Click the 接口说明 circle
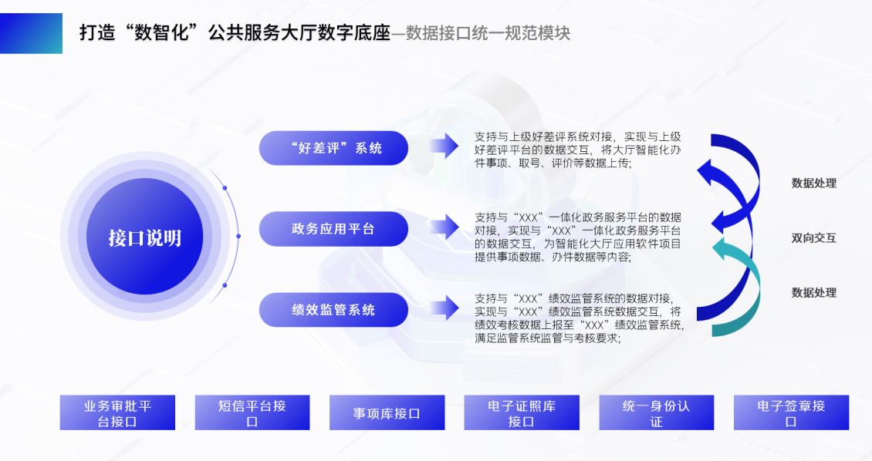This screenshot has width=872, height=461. click(144, 237)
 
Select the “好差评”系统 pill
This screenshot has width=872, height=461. click(333, 148)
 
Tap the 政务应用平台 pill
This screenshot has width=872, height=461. click(333, 229)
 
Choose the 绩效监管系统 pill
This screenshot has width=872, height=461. click(333, 309)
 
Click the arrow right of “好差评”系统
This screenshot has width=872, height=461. click(444, 146)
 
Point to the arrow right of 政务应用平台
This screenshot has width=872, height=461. click(444, 227)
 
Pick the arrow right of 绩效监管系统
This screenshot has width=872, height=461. click(444, 308)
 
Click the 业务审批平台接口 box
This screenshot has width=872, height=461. click(117, 412)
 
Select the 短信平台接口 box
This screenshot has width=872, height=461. click(252, 412)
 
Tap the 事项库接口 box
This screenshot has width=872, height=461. click(387, 412)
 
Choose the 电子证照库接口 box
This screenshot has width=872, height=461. click(522, 412)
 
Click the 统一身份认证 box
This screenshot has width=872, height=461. click(656, 412)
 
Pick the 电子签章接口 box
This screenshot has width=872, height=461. click(792, 412)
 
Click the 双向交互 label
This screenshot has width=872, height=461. click(813, 237)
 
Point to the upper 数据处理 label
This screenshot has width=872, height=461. click(813, 183)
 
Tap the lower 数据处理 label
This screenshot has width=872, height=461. click(813, 292)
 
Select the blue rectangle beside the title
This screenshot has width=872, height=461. click(31, 33)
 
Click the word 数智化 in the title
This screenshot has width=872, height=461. click(162, 33)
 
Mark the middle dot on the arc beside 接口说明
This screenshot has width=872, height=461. click(238, 236)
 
